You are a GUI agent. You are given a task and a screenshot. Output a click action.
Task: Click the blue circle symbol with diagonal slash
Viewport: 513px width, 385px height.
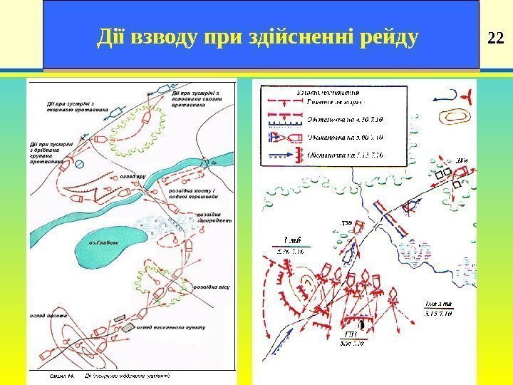click(x=80, y=164)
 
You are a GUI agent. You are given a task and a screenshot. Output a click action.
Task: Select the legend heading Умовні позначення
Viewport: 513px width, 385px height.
click(x=328, y=93)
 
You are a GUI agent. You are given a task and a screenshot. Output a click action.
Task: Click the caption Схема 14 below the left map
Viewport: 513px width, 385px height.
click(x=60, y=374)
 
